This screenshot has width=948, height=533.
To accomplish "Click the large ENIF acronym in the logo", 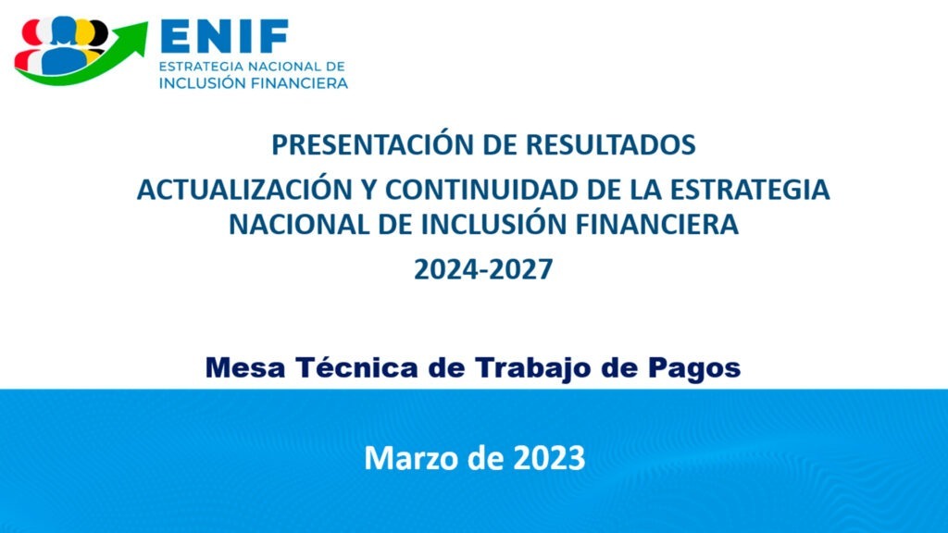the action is click(225, 36).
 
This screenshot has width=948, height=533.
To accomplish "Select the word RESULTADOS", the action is click(610, 144).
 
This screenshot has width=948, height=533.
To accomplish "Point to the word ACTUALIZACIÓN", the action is click(244, 189).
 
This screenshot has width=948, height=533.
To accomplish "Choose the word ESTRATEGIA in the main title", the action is click(750, 190).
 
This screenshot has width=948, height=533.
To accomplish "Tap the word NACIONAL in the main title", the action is click(299, 225).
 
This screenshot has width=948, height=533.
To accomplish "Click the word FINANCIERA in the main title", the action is click(656, 225).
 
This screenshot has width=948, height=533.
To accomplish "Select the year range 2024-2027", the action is click(483, 269).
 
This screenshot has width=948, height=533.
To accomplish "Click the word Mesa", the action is click(245, 367).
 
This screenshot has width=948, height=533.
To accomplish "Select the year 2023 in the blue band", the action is click(549, 457).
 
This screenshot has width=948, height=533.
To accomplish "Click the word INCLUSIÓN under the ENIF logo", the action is click(202, 82).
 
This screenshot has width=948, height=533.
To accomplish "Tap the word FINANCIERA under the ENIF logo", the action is click(299, 83).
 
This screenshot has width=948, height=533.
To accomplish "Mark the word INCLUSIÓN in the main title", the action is click(495, 224).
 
